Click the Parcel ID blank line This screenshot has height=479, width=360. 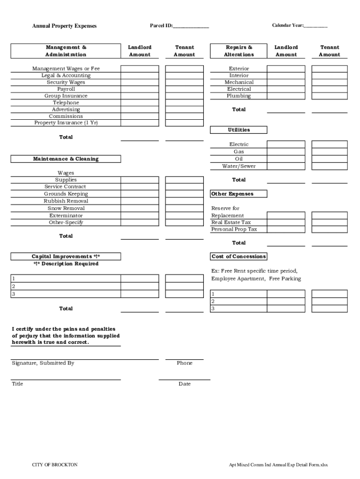point(191,27)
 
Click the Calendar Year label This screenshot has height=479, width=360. point(288,25)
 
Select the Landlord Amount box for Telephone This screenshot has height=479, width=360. point(139,102)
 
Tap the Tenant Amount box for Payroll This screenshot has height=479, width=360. point(184,89)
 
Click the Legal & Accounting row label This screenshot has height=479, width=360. point(66,75)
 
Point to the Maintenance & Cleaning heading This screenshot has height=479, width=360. point(66,159)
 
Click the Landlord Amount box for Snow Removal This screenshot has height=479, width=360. point(139,208)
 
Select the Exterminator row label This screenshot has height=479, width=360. point(66,216)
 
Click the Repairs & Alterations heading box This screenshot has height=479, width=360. point(239,51)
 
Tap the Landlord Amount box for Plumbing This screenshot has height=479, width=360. point(286,96)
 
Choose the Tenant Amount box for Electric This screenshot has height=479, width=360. point(330,145)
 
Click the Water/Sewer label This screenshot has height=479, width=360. point(239,166)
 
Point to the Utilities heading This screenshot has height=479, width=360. point(239,130)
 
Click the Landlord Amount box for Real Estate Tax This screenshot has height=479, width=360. point(286,223)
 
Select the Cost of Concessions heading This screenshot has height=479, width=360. point(239,256)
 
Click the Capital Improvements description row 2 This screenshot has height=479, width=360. point(66,286)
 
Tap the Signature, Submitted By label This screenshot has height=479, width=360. point(43,363)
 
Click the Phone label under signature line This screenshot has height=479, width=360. point(184,363)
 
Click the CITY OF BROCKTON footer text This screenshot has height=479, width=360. point(55,464)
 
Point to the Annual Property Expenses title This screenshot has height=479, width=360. point(64,26)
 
